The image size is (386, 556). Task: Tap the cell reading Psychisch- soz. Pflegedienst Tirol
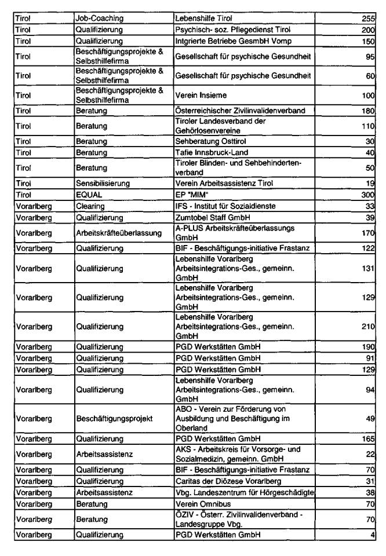[227, 30]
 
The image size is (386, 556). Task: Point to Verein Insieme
[200, 97]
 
